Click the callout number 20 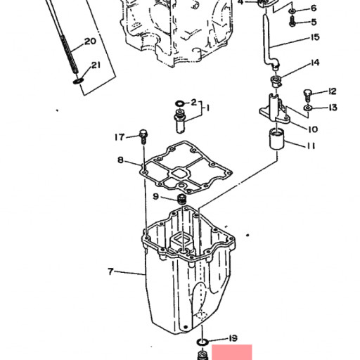tap(90, 41)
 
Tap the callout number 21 tap(96, 65)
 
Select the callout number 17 tap(120, 137)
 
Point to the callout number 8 tap(120, 160)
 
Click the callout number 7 tap(110, 271)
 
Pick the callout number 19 tap(233, 338)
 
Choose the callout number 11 tap(311, 146)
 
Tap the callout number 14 tap(315, 63)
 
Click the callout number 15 tap(315, 37)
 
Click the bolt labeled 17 tap(143, 136)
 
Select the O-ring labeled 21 tap(78, 81)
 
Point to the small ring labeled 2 tap(179, 103)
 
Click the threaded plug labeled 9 tap(182, 199)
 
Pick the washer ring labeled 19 tap(202, 342)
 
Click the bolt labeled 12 tap(307, 95)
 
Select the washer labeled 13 tap(307, 108)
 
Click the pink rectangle tap(232, 352)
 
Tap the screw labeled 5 tap(292, 21)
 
